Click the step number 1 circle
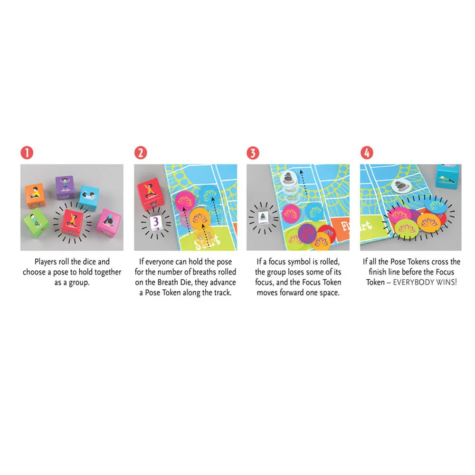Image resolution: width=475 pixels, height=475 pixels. click(27, 153)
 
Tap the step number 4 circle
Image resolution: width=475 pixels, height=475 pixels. click(366, 153)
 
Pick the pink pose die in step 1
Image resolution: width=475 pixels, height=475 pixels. click(109, 221)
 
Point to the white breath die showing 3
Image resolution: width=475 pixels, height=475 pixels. click(155, 222)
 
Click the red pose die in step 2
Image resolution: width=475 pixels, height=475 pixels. click(148, 193)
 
